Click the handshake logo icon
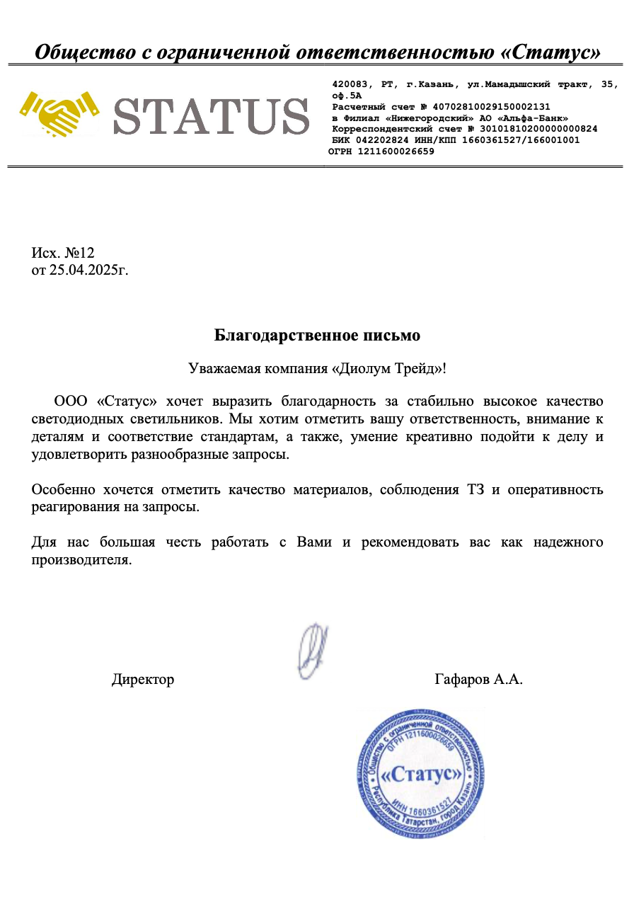click(58, 113)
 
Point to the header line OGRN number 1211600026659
click(396, 152)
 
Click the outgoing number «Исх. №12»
click(63, 253)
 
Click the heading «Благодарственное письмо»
click(317, 335)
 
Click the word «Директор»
click(143, 680)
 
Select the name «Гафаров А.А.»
click(478, 680)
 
